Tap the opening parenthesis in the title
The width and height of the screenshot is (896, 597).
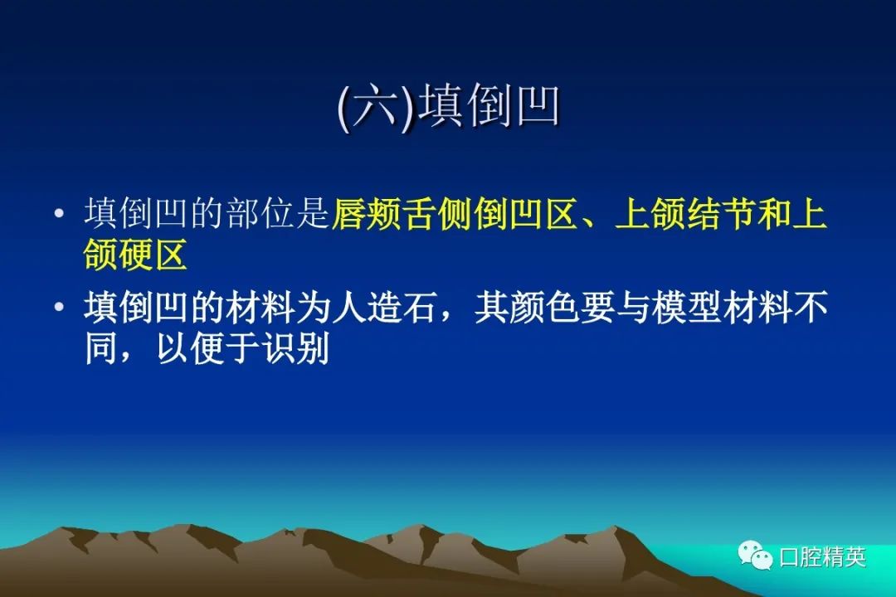[344, 108]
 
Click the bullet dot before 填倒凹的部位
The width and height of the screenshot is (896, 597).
[59, 214]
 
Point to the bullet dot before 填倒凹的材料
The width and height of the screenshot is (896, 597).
[59, 308]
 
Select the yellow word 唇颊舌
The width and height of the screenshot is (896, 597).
[385, 214]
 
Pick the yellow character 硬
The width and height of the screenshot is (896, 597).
[135, 254]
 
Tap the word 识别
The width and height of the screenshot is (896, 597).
[296, 347]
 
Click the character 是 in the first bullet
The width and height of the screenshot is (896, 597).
[313, 214]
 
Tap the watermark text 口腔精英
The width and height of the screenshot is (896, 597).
[824, 556]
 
